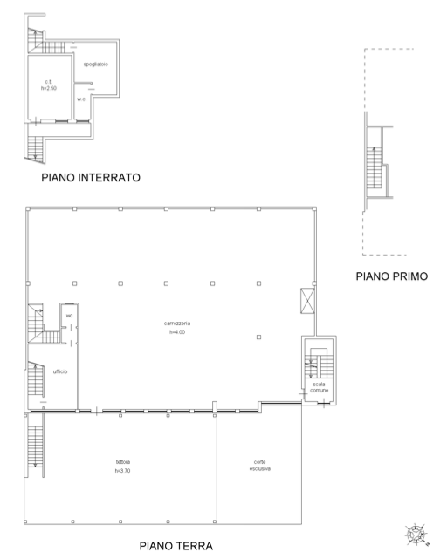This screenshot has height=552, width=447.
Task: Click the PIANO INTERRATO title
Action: (91, 177)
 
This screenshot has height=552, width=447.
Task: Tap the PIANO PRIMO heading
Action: (392, 276)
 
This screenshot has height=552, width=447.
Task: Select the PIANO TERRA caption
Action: (175, 546)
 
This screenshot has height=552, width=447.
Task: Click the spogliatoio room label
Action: (95, 65)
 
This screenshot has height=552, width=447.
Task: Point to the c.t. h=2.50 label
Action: (48, 85)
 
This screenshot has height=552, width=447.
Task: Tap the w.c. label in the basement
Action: (81, 99)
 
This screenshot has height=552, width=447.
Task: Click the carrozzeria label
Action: (177, 324)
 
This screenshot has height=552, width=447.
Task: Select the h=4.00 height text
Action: (177, 332)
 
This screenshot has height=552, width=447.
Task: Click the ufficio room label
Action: (60, 371)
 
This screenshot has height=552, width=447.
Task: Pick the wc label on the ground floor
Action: (69, 316)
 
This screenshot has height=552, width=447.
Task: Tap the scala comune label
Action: (319, 387)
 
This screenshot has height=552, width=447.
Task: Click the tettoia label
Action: (123, 462)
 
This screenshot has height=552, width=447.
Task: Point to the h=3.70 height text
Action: (123, 471)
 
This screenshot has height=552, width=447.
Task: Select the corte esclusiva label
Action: (260, 466)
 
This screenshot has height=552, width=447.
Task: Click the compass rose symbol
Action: (416, 535)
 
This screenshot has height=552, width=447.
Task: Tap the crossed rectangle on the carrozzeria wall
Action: (307, 301)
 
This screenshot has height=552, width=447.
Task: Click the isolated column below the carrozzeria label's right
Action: (258, 337)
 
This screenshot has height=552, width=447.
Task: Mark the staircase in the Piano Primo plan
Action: (374, 167)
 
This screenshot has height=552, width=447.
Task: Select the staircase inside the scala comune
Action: (319, 364)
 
